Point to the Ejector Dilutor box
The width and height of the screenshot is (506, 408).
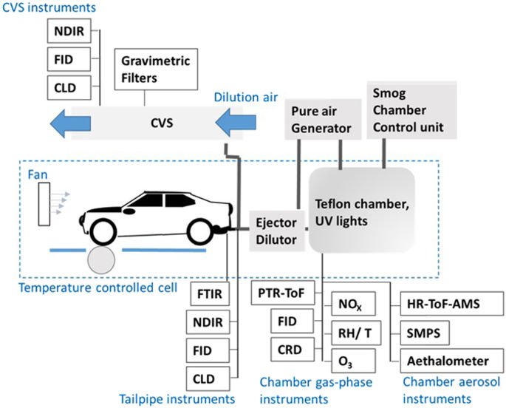click(276, 230)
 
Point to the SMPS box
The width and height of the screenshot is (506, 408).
click(423, 333)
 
